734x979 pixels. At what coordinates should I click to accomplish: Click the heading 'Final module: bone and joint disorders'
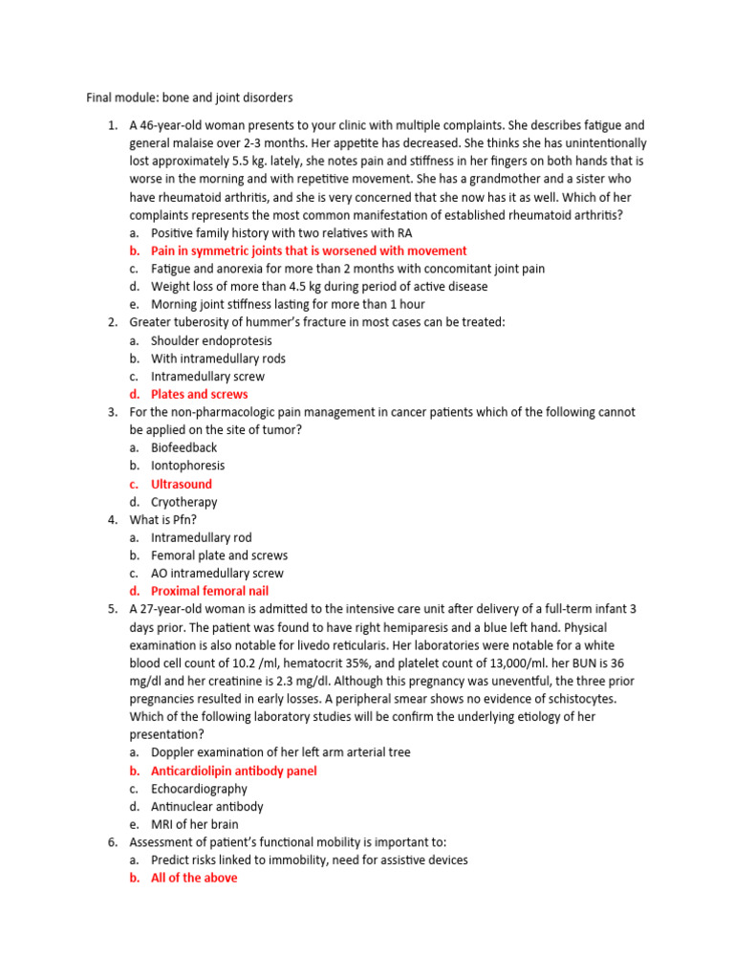point(189,98)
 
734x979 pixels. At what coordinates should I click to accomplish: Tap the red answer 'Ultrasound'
point(182,484)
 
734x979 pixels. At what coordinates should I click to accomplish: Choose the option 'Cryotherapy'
point(183,502)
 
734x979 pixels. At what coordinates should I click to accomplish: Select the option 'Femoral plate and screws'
point(219,555)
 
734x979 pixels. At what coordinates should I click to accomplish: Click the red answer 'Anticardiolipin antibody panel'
point(234,771)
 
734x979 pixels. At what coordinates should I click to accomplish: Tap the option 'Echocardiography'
point(199,789)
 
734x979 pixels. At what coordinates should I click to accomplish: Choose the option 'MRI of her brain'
point(195,824)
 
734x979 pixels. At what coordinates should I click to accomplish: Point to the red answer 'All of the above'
point(194,878)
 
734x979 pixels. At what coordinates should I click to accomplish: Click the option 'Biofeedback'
point(183,447)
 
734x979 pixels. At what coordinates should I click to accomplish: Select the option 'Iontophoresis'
point(188,466)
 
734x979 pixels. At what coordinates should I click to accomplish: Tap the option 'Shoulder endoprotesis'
point(211,340)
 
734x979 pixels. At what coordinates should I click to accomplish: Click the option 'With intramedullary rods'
point(218,359)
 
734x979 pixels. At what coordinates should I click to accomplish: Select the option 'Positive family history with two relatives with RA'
point(282,233)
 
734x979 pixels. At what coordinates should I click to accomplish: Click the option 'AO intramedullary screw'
point(217,574)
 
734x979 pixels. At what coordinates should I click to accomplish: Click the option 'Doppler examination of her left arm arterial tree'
point(281,752)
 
